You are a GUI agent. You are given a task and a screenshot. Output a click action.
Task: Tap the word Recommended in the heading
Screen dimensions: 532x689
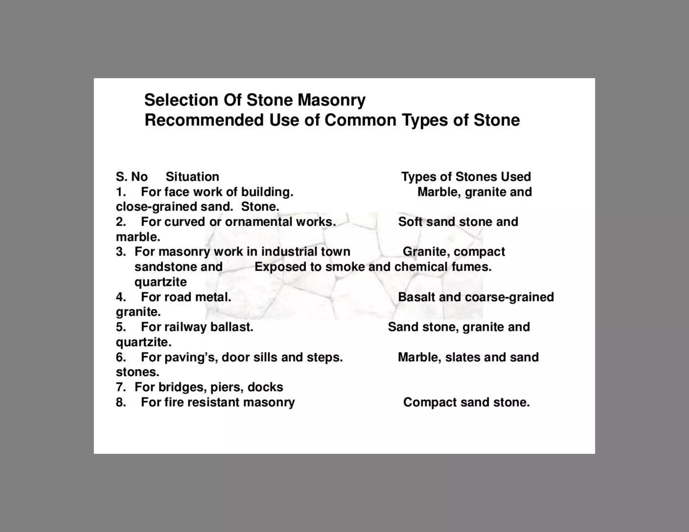point(204,120)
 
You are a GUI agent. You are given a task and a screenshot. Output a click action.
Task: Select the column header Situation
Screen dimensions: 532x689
point(192,177)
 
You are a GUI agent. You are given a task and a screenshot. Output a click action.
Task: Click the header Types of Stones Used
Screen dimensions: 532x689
point(466,177)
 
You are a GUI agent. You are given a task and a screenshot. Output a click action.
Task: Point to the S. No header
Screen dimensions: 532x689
point(132,177)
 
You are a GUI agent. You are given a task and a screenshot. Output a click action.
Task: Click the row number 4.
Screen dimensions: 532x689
point(120,297)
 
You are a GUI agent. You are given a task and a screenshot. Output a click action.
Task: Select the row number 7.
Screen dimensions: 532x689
point(120,387)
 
